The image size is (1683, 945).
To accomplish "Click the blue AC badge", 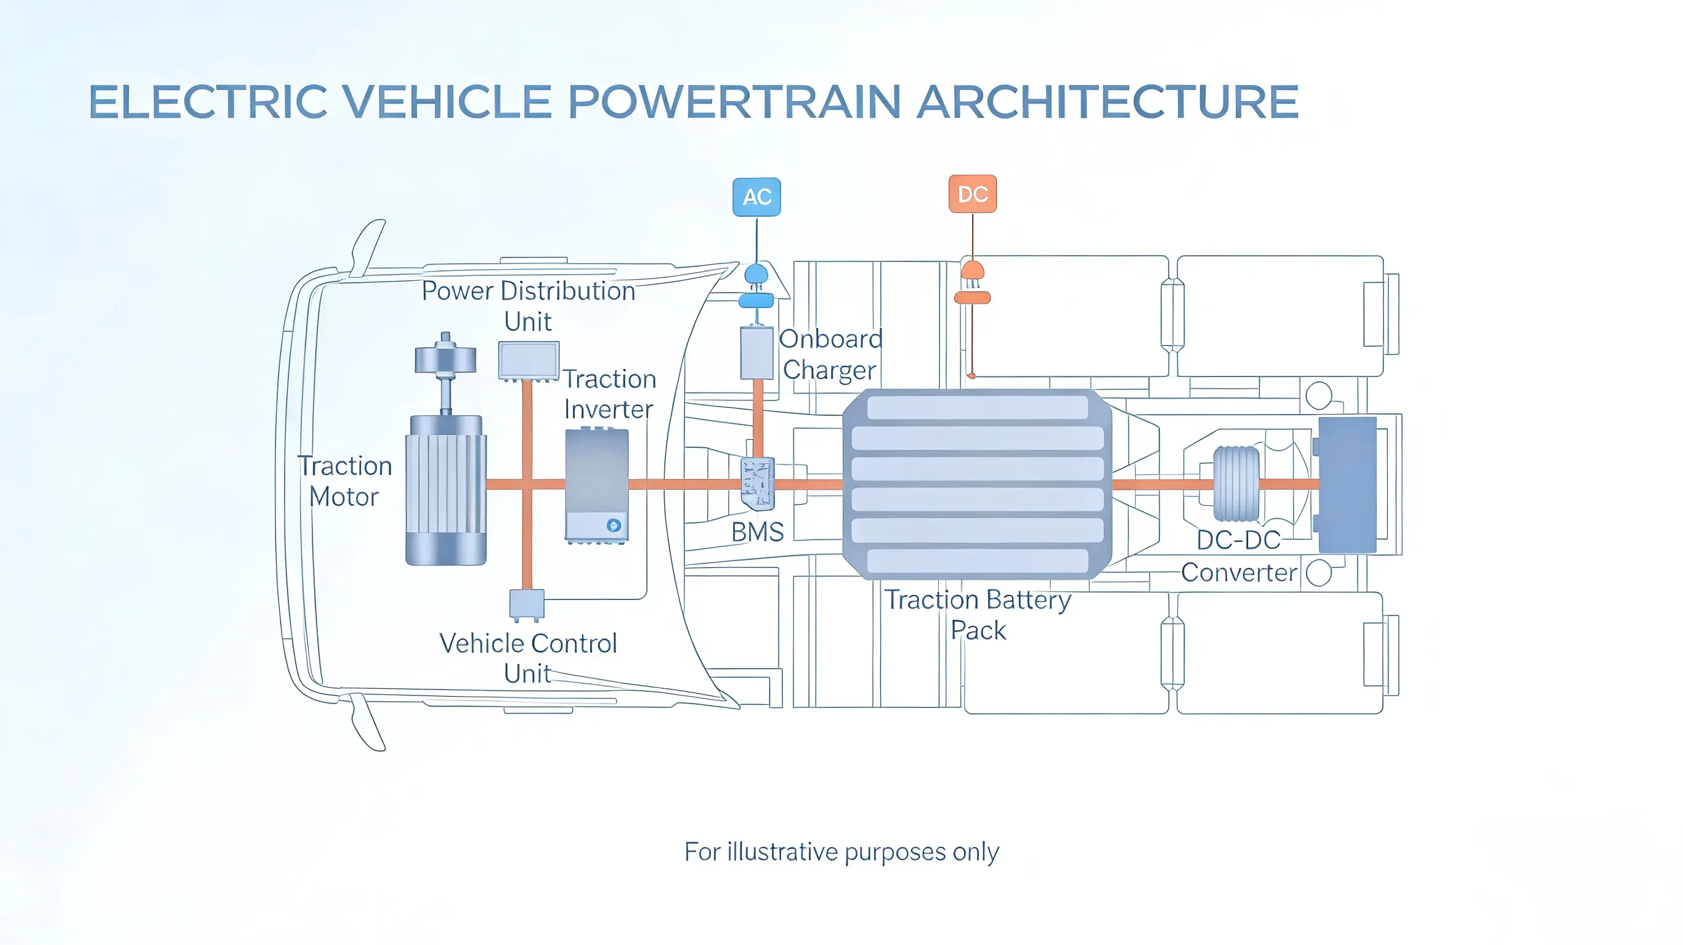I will [756, 197].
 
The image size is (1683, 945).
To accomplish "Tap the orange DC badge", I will [972, 194].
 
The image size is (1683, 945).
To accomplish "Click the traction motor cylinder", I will [445, 490].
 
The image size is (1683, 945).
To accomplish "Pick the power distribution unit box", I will [529, 360].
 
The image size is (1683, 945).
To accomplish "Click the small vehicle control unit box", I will [527, 604].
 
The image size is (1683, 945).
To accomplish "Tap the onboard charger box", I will [756, 354].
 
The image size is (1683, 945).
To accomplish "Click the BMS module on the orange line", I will [757, 484].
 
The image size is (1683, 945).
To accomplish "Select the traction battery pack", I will [977, 484].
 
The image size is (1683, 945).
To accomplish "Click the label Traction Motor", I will [345, 482].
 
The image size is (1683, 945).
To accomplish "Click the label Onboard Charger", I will [830, 354].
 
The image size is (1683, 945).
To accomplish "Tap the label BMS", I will [757, 533].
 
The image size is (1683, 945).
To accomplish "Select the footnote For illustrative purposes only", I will [841, 852].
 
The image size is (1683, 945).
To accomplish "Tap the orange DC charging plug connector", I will [972, 283].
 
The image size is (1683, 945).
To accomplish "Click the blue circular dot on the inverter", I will [614, 525].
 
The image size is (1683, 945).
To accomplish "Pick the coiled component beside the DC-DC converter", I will [1236, 484].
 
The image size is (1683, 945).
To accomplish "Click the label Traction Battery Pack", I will [978, 615].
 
